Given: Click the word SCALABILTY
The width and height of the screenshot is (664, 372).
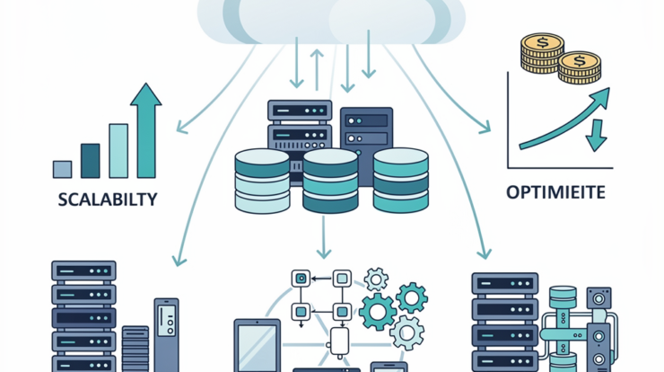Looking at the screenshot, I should pyautogui.click(x=106, y=199).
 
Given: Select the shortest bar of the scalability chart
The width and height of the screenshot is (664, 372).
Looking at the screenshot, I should pyautogui.click(x=62, y=168).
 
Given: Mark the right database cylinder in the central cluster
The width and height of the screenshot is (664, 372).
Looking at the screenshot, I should pyautogui.click(x=399, y=180).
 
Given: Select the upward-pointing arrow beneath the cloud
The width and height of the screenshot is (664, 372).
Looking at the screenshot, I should pyautogui.click(x=316, y=68).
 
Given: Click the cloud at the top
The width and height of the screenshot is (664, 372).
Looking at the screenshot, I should pyautogui.click(x=331, y=20).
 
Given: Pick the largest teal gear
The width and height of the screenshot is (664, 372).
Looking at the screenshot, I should pyautogui.click(x=377, y=311).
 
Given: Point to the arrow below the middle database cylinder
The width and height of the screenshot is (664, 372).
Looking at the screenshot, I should pyautogui.click(x=324, y=238).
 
